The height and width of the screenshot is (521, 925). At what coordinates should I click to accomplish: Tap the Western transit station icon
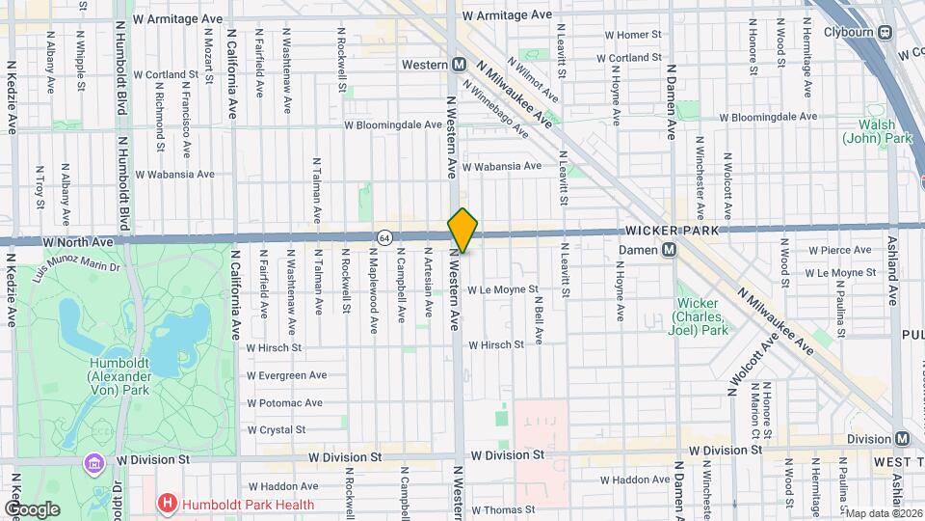(460, 65)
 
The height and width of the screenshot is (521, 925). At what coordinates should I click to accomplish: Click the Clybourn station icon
(885, 32)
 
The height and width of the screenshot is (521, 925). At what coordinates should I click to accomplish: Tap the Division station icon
(902, 438)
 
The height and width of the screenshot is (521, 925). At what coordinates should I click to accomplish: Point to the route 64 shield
(384, 237)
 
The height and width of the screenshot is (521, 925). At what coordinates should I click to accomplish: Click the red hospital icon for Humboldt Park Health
(168, 504)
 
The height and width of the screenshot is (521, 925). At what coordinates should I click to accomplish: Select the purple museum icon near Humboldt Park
(94, 464)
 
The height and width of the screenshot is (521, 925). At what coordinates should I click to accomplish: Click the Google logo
(32, 508)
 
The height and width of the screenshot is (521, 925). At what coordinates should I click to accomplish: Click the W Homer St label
(633, 34)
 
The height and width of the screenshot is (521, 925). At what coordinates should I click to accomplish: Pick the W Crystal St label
(276, 429)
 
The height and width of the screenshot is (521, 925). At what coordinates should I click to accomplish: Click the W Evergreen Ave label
(286, 375)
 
